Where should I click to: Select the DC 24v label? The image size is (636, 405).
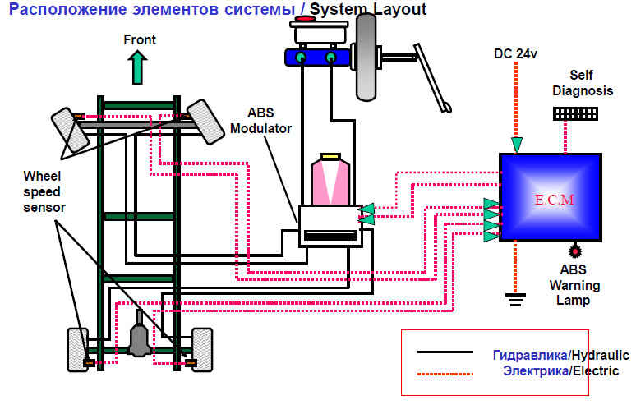(x=515, y=54)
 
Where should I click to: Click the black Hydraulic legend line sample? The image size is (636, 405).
(x=445, y=352)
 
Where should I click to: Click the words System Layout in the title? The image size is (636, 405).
(x=368, y=9)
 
